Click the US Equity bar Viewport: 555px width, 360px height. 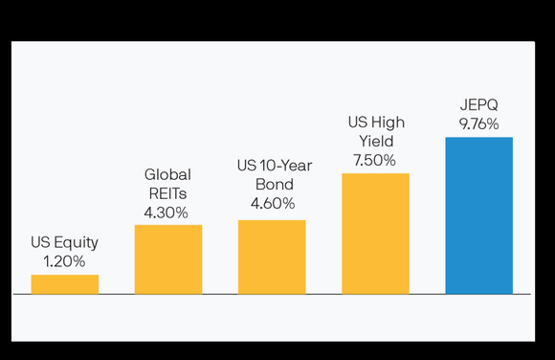[64, 283]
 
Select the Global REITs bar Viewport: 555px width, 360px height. [167, 259]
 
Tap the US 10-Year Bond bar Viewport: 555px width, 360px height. [272, 257]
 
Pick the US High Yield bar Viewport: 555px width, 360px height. [375, 233]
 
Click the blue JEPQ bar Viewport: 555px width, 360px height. [478, 214]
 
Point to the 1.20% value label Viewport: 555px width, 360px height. [64, 260]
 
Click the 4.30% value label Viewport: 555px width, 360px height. [167, 211]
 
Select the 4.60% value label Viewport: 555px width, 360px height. [272, 203]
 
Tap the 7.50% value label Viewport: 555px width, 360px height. [374, 159]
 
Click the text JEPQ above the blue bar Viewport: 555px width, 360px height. [478, 105]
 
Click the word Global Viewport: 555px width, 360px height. [167, 175]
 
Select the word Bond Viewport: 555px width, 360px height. [272, 185]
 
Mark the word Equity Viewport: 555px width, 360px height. [77, 242]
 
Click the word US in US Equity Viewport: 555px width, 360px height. [41, 242]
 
